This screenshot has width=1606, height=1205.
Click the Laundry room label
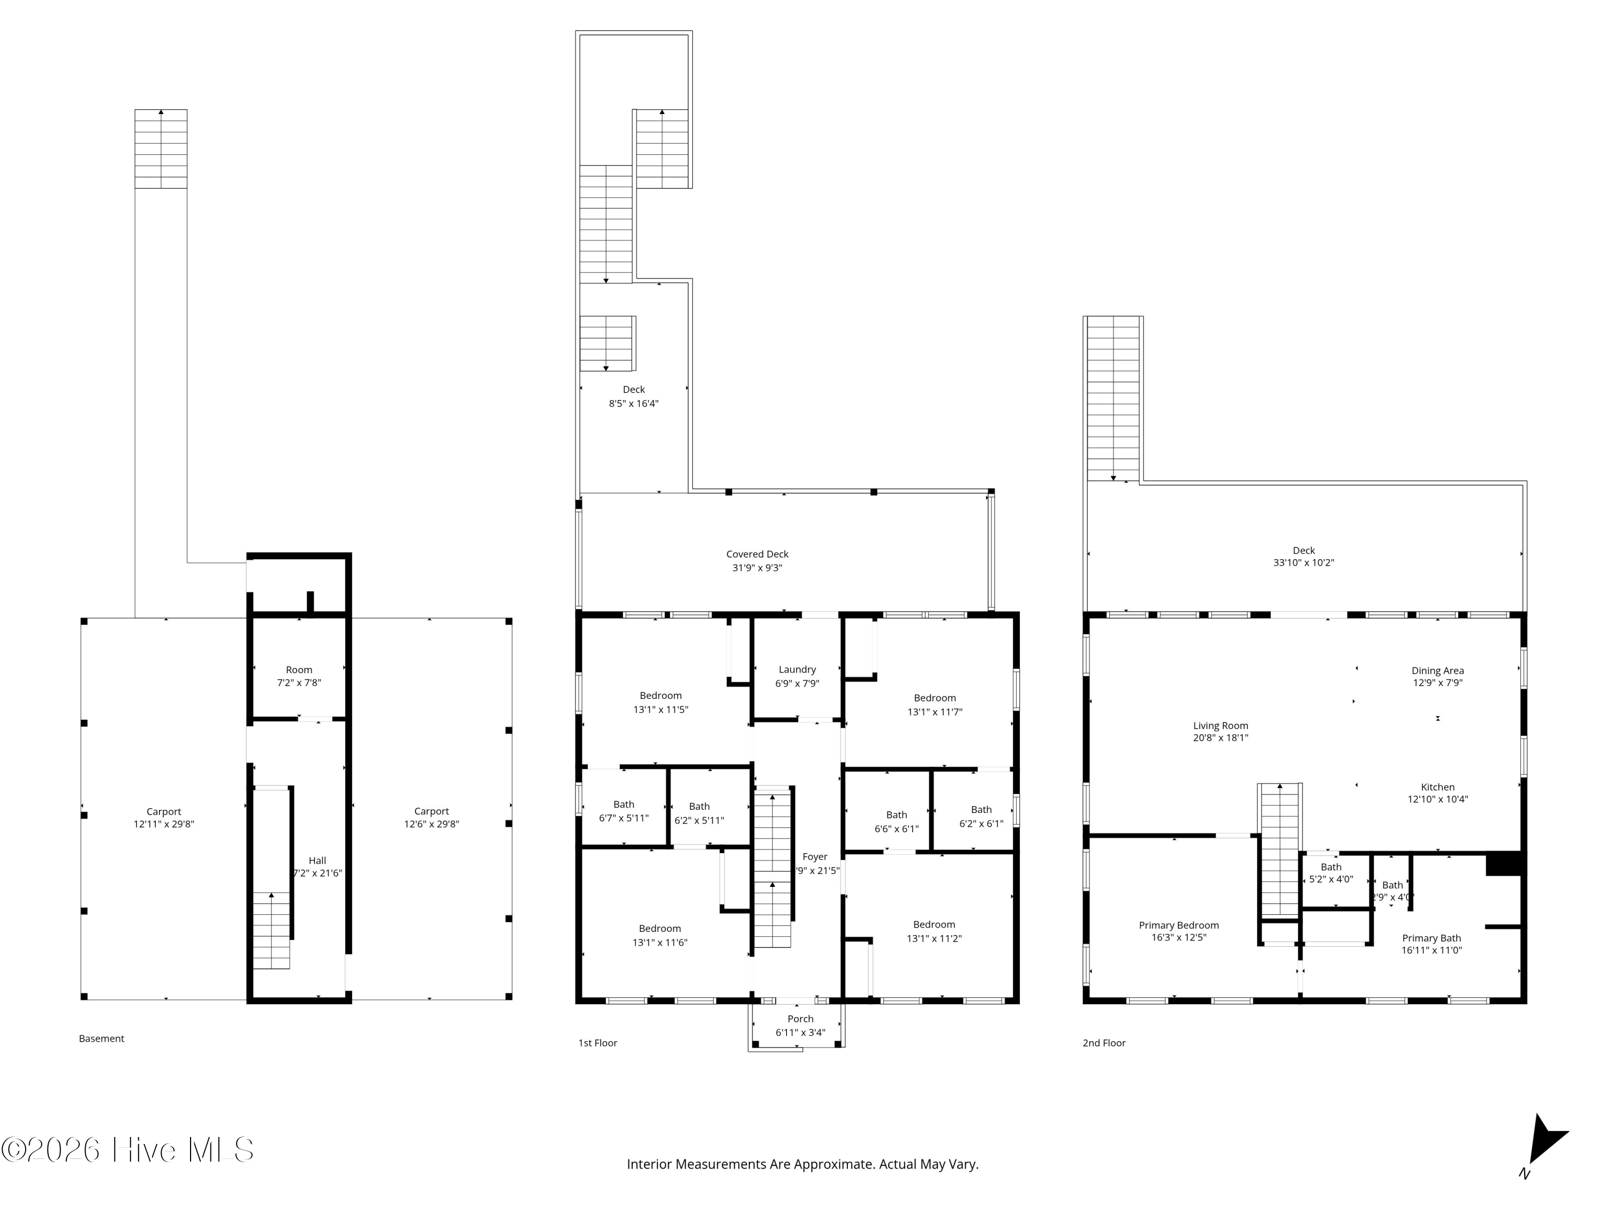point(797,669)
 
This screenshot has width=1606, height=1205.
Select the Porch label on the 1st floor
point(800,1018)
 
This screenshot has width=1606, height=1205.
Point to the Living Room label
point(1221,725)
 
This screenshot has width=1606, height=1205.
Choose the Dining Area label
point(1437,671)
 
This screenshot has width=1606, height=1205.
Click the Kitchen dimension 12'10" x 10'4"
point(1437,799)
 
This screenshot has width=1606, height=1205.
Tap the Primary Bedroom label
point(1178,924)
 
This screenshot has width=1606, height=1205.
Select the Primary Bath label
point(1431,938)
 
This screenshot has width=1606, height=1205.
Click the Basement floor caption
point(101,1038)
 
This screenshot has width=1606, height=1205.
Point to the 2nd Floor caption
point(1103,1042)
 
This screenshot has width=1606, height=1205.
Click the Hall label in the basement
point(317,860)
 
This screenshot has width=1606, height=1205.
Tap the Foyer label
point(815,856)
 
